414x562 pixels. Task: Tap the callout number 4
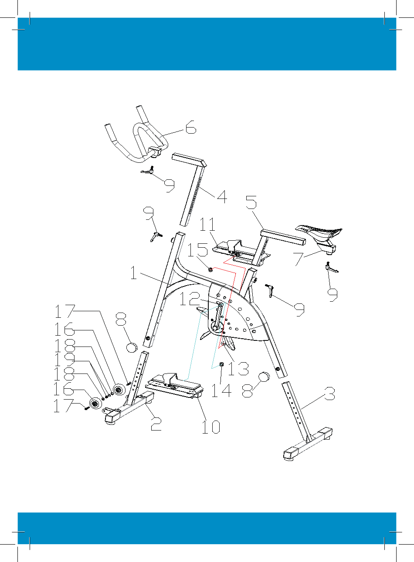222,197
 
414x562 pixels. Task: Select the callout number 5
251,202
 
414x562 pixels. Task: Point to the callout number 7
299,259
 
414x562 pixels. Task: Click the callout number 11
207,224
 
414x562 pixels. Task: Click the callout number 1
134,273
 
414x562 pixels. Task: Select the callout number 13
238,369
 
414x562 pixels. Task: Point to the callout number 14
221,390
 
